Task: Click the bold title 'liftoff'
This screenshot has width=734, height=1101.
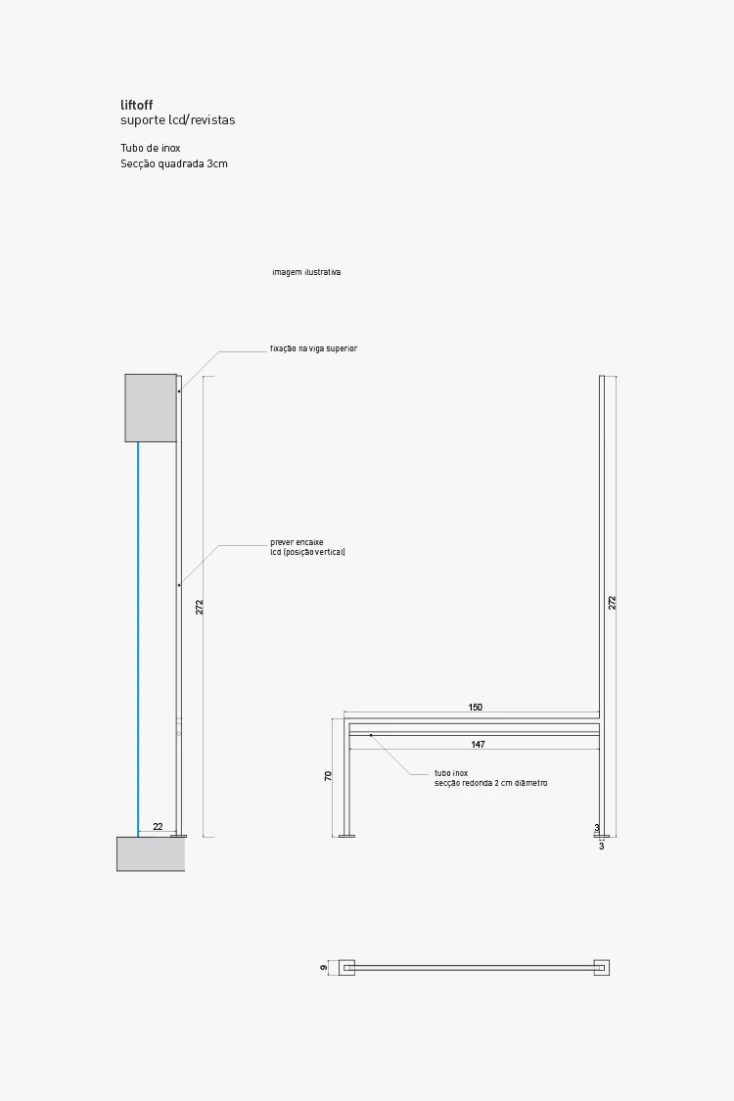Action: point(136,105)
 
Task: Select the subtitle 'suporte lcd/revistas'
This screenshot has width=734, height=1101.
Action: point(177,120)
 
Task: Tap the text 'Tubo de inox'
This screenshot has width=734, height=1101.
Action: point(150,149)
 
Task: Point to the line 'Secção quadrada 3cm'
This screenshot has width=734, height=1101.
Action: point(173,163)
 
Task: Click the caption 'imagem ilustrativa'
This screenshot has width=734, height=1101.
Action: point(306,272)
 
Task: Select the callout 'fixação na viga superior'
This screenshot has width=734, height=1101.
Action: point(313,348)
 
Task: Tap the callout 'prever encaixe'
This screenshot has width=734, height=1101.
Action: point(297,541)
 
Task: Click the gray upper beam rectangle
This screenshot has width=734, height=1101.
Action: point(150,407)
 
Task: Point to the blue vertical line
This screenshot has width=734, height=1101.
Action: point(138,636)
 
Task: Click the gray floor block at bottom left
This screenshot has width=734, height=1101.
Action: point(150,853)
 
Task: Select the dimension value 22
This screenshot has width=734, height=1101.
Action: point(158,827)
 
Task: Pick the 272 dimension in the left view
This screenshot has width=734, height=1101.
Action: point(200,607)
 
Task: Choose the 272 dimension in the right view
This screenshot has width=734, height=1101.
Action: point(613,603)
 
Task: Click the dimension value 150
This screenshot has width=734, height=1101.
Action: point(476,707)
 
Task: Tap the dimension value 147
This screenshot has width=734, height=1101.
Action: point(478,745)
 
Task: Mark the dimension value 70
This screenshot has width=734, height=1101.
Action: point(329,775)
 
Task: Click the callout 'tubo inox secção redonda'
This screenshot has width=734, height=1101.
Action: point(490,778)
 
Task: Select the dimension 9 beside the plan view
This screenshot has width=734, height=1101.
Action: point(323,968)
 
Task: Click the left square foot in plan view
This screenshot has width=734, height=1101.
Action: point(346,968)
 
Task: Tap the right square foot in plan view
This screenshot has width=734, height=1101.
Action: point(602,968)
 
